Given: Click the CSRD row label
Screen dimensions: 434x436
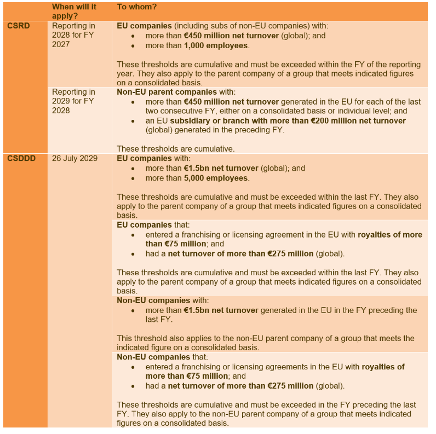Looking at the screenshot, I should (x=18, y=26).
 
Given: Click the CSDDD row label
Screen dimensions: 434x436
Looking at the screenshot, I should (x=21, y=158).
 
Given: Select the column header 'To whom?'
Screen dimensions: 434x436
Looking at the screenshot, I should (x=137, y=7).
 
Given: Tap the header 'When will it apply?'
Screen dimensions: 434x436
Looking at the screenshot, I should (x=73, y=11).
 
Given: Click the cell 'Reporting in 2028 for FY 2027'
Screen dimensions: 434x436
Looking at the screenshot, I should (x=73, y=35).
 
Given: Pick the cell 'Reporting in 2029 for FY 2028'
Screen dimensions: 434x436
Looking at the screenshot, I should (x=73, y=101).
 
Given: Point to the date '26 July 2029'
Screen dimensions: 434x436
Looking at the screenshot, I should (x=74, y=158).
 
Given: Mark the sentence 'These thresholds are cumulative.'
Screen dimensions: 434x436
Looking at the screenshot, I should (x=176, y=148).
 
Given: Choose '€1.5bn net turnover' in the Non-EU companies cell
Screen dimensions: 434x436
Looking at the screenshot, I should (x=221, y=310).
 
